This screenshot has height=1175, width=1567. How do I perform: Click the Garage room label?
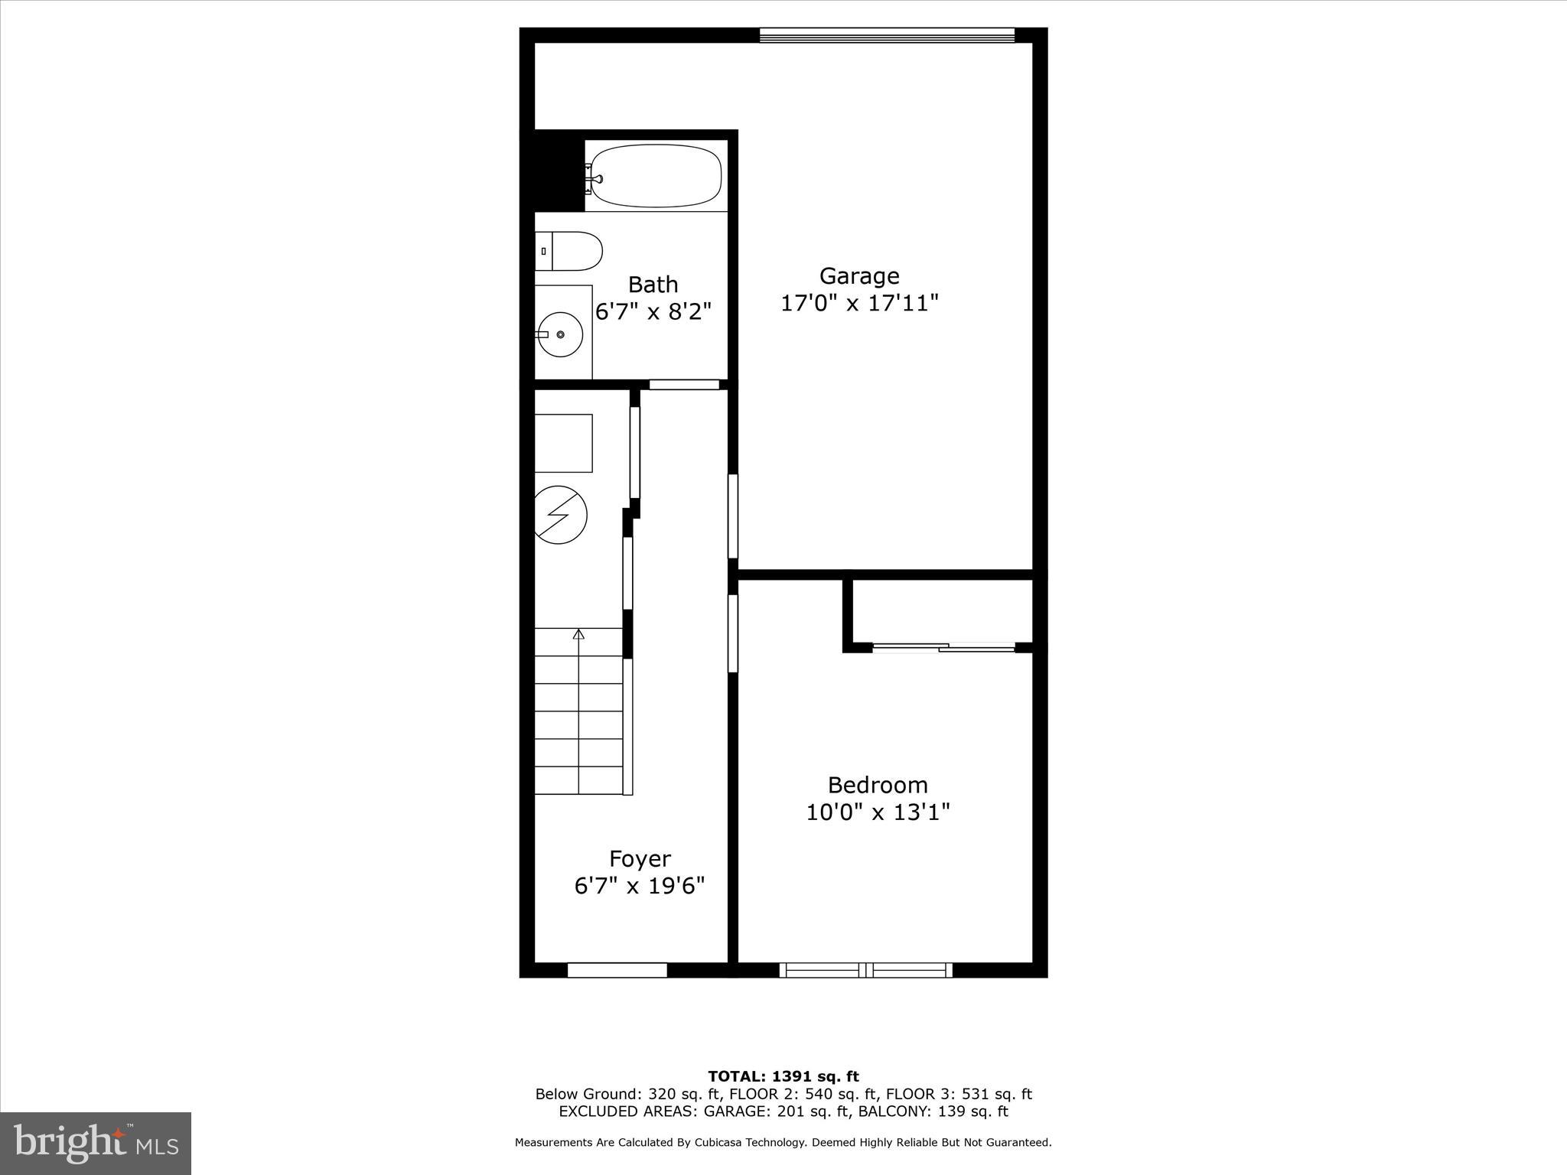[859, 275]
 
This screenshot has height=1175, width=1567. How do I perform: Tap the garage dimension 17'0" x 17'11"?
[859, 304]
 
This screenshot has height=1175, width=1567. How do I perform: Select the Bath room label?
[653, 285]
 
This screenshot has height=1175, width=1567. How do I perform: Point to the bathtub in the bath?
[656, 176]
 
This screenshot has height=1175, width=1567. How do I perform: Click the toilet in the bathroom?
[570, 251]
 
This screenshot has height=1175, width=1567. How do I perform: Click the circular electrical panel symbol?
[559, 515]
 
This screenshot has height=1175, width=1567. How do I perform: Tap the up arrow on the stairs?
[578, 634]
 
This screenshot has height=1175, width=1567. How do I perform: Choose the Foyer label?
[640, 858]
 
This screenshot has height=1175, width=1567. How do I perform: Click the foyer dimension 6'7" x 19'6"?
[640, 886]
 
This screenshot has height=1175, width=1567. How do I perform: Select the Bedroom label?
[878, 785]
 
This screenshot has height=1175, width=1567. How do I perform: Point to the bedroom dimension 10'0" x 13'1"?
[878, 812]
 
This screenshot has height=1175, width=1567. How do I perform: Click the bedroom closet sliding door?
[943, 648]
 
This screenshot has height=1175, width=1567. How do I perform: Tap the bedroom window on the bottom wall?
[866, 970]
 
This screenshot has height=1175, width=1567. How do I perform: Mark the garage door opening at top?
[887, 35]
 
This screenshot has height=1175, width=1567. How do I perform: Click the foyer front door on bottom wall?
[617, 970]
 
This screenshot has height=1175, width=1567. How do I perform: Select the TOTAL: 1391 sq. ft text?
[783, 1076]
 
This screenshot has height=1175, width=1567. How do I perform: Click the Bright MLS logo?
[96, 1143]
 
